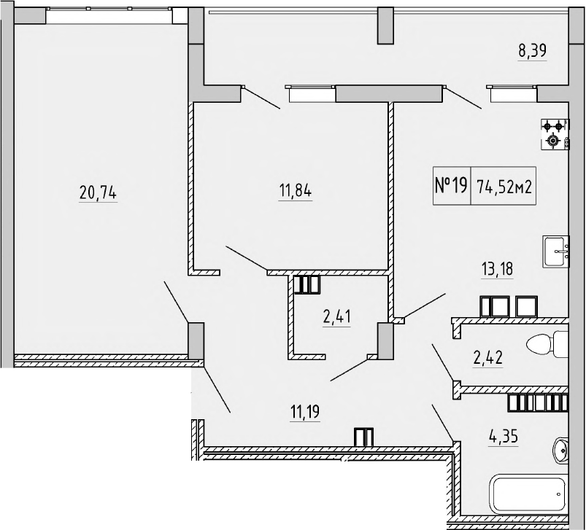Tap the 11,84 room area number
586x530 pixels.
(295, 193)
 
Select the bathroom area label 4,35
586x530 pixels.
(503, 439)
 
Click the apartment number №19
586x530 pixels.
(450, 186)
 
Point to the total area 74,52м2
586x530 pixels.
(504, 186)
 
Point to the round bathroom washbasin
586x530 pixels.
(562, 450)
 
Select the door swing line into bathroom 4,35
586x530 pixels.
(442, 423)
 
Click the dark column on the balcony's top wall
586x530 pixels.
(385, 25)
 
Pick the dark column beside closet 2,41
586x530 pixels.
(385, 340)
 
